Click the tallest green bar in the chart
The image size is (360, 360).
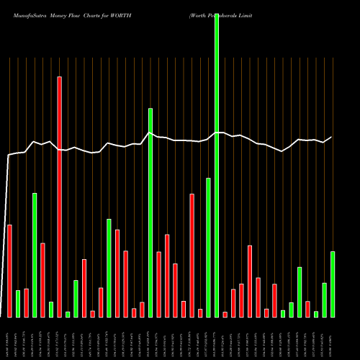(x=217, y=165)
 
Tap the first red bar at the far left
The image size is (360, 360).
(x=9, y=271)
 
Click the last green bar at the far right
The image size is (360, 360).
(x=333, y=284)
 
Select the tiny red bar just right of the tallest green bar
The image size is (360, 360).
(x=225, y=314)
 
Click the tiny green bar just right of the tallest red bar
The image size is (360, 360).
(x=68, y=314)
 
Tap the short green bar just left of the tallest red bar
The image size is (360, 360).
(x=51, y=309)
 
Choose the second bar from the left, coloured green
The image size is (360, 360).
(x=18, y=303)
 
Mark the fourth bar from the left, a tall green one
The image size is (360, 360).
(x=35, y=255)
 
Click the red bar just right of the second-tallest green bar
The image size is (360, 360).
(x=158, y=284)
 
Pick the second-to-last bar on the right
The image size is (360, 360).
(x=324, y=300)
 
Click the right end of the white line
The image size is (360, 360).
(x=332, y=137)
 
